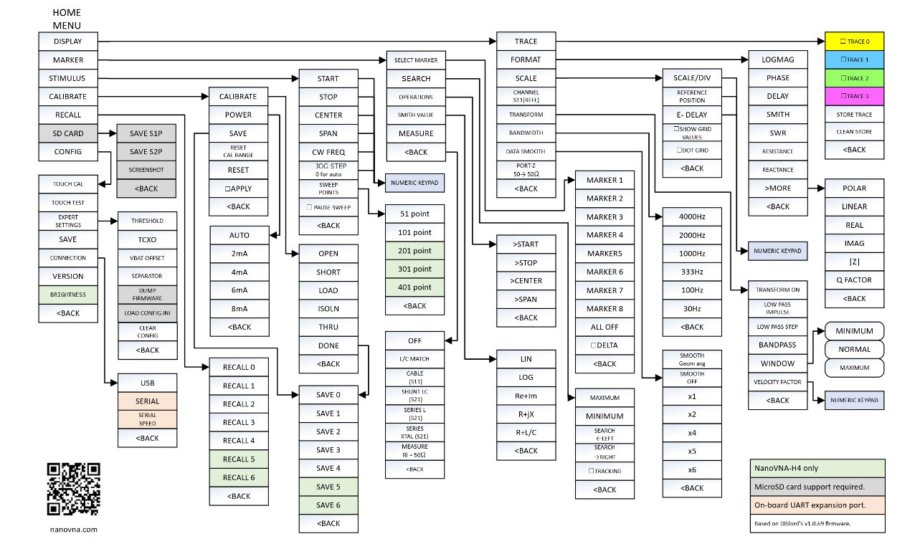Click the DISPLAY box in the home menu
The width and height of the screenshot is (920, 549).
click(x=67, y=42)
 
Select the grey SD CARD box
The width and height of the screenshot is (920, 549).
click(x=67, y=133)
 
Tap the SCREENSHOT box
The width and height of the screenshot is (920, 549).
click(x=147, y=170)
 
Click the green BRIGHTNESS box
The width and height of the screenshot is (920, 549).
click(x=67, y=295)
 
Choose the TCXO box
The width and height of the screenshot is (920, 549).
click(x=147, y=239)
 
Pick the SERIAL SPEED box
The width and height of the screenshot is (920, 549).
click(x=147, y=419)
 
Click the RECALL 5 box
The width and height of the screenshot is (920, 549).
click(x=239, y=459)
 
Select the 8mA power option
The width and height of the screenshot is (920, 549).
click(x=239, y=308)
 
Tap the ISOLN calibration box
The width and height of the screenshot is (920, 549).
click(x=328, y=309)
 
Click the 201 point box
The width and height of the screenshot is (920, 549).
click(x=415, y=250)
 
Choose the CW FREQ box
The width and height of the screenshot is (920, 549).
click(x=328, y=152)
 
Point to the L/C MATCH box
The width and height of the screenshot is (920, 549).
click(x=415, y=358)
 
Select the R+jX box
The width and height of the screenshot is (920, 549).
click(x=526, y=414)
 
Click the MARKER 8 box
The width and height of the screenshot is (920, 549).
click(x=605, y=309)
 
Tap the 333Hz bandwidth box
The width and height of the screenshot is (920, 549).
click(x=691, y=272)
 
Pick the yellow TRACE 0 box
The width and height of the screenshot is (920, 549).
click(x=854, y=42)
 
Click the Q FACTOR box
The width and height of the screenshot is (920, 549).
click(x=854, y=280)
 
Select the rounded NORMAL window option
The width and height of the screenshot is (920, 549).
click(x=854, y=350)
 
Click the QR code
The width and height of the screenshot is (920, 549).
click(x=73, y=490)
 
